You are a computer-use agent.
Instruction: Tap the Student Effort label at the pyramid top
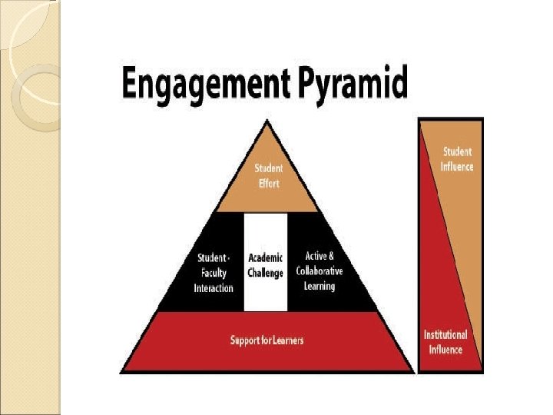click(x=268, y=174)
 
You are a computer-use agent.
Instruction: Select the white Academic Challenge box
click(x=266, y=262)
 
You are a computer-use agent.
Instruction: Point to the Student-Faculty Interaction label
click(x=213, y=273)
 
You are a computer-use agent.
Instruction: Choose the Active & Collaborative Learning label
click(x=320, y=271)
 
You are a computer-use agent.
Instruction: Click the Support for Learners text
click(x=267, y=340)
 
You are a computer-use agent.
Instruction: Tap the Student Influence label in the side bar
click(x=458, y=159)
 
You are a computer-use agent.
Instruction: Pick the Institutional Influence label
click(x=445, y=343)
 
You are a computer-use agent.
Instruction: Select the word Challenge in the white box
click(x=266, y=273)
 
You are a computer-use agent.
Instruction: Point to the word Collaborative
click(x=320, y=271)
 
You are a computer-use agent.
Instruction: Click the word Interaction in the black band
click(x=213, y=288)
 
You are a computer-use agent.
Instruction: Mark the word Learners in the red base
click(x=286, y=340)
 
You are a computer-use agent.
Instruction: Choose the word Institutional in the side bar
click(x=445, y=335)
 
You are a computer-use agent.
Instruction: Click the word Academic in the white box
click(x=266, y=257)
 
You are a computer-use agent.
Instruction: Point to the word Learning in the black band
click(x=320, y=286)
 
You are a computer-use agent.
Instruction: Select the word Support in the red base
click(x=244, y=340)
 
